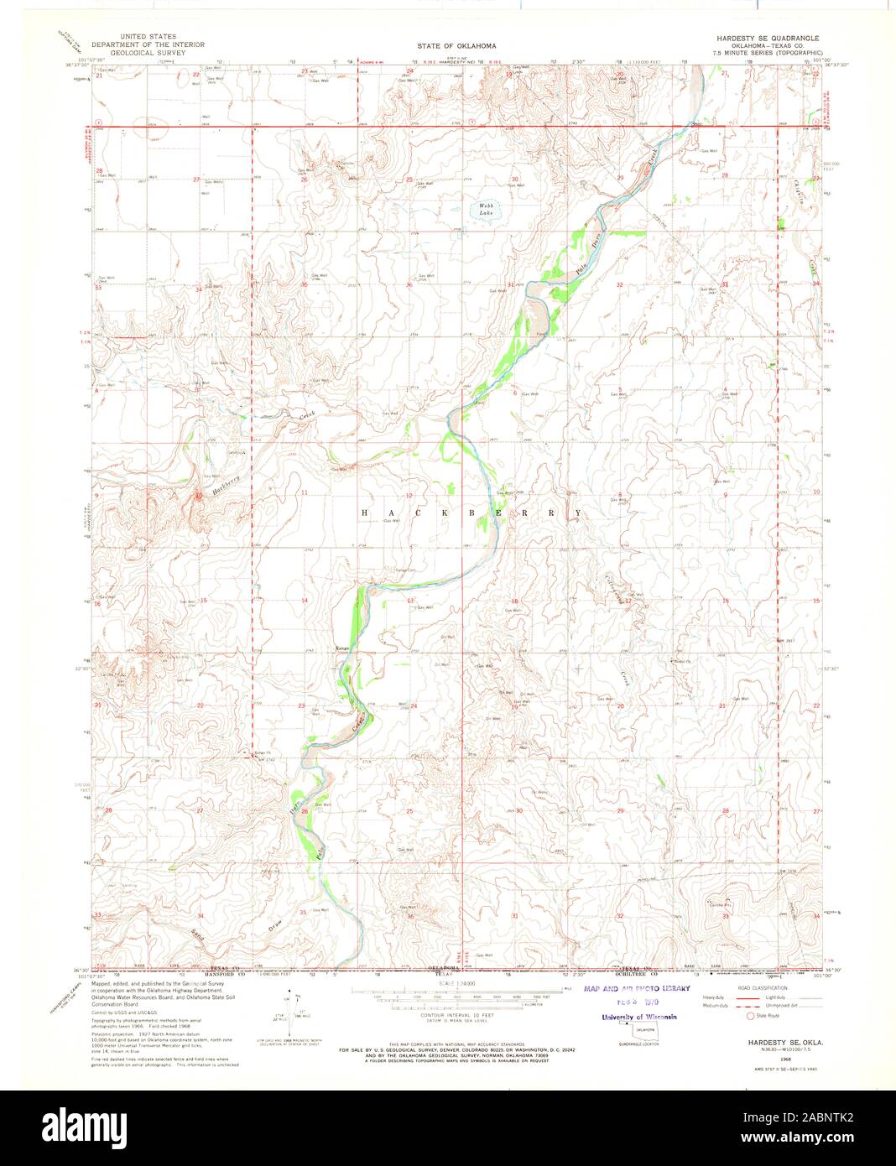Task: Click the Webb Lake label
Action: pyautogui.click(x=487, y=210)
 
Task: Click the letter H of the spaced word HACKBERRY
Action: pyautogui.click(x=365, y=512)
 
